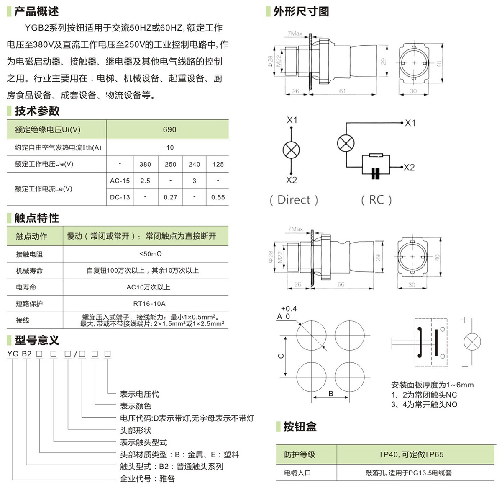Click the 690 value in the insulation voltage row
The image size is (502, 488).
(169, 130)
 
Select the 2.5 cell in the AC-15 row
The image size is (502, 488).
(145, 181)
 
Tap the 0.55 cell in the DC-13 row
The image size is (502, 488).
(218, 197)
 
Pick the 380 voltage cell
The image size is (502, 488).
(145, 164)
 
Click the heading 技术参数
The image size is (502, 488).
(37, 111)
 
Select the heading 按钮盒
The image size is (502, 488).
(300, 427)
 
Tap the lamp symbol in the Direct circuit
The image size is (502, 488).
(291, 150)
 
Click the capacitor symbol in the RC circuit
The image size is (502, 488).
(375, 173)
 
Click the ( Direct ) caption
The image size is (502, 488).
(294, 200)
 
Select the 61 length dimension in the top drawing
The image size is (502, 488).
(342, 91)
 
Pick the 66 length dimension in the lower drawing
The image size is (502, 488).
(341, 284)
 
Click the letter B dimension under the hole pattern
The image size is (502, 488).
(331, 394)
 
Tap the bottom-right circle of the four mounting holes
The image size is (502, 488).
(349, 375)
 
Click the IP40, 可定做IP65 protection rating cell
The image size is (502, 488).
(411, 454)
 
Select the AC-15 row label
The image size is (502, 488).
(120, 181)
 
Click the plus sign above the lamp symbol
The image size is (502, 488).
(464, 320)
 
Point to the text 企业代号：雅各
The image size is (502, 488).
(147, 479)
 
